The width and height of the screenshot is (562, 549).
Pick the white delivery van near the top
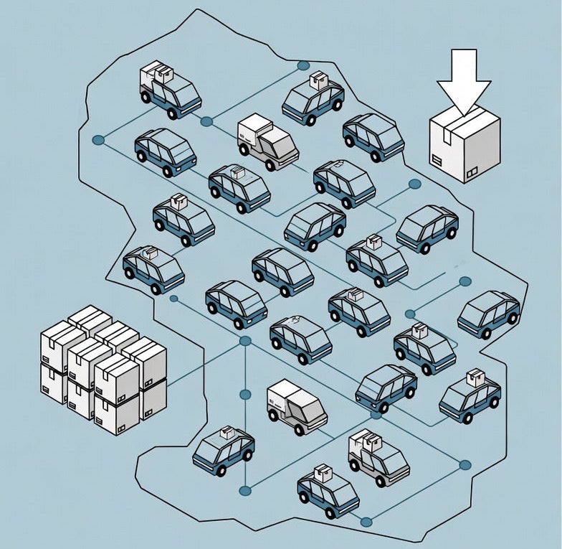[x=267, y=141]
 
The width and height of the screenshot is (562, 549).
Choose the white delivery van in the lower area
[x=296, y=408]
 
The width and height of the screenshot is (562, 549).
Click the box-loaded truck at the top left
[x=169, y=89]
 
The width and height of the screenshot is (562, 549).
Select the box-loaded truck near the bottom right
[x=378, y=459]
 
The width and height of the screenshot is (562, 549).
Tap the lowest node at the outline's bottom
[x=366, y=521]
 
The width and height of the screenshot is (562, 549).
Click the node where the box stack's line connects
[x=245, y=341]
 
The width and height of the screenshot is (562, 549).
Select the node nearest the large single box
[x=414, y=184]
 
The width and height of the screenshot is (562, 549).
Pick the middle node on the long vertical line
[x=245, y=394]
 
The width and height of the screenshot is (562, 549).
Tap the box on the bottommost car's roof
[x=322, y=472]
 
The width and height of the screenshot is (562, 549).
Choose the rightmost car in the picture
[x=489, y=314]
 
